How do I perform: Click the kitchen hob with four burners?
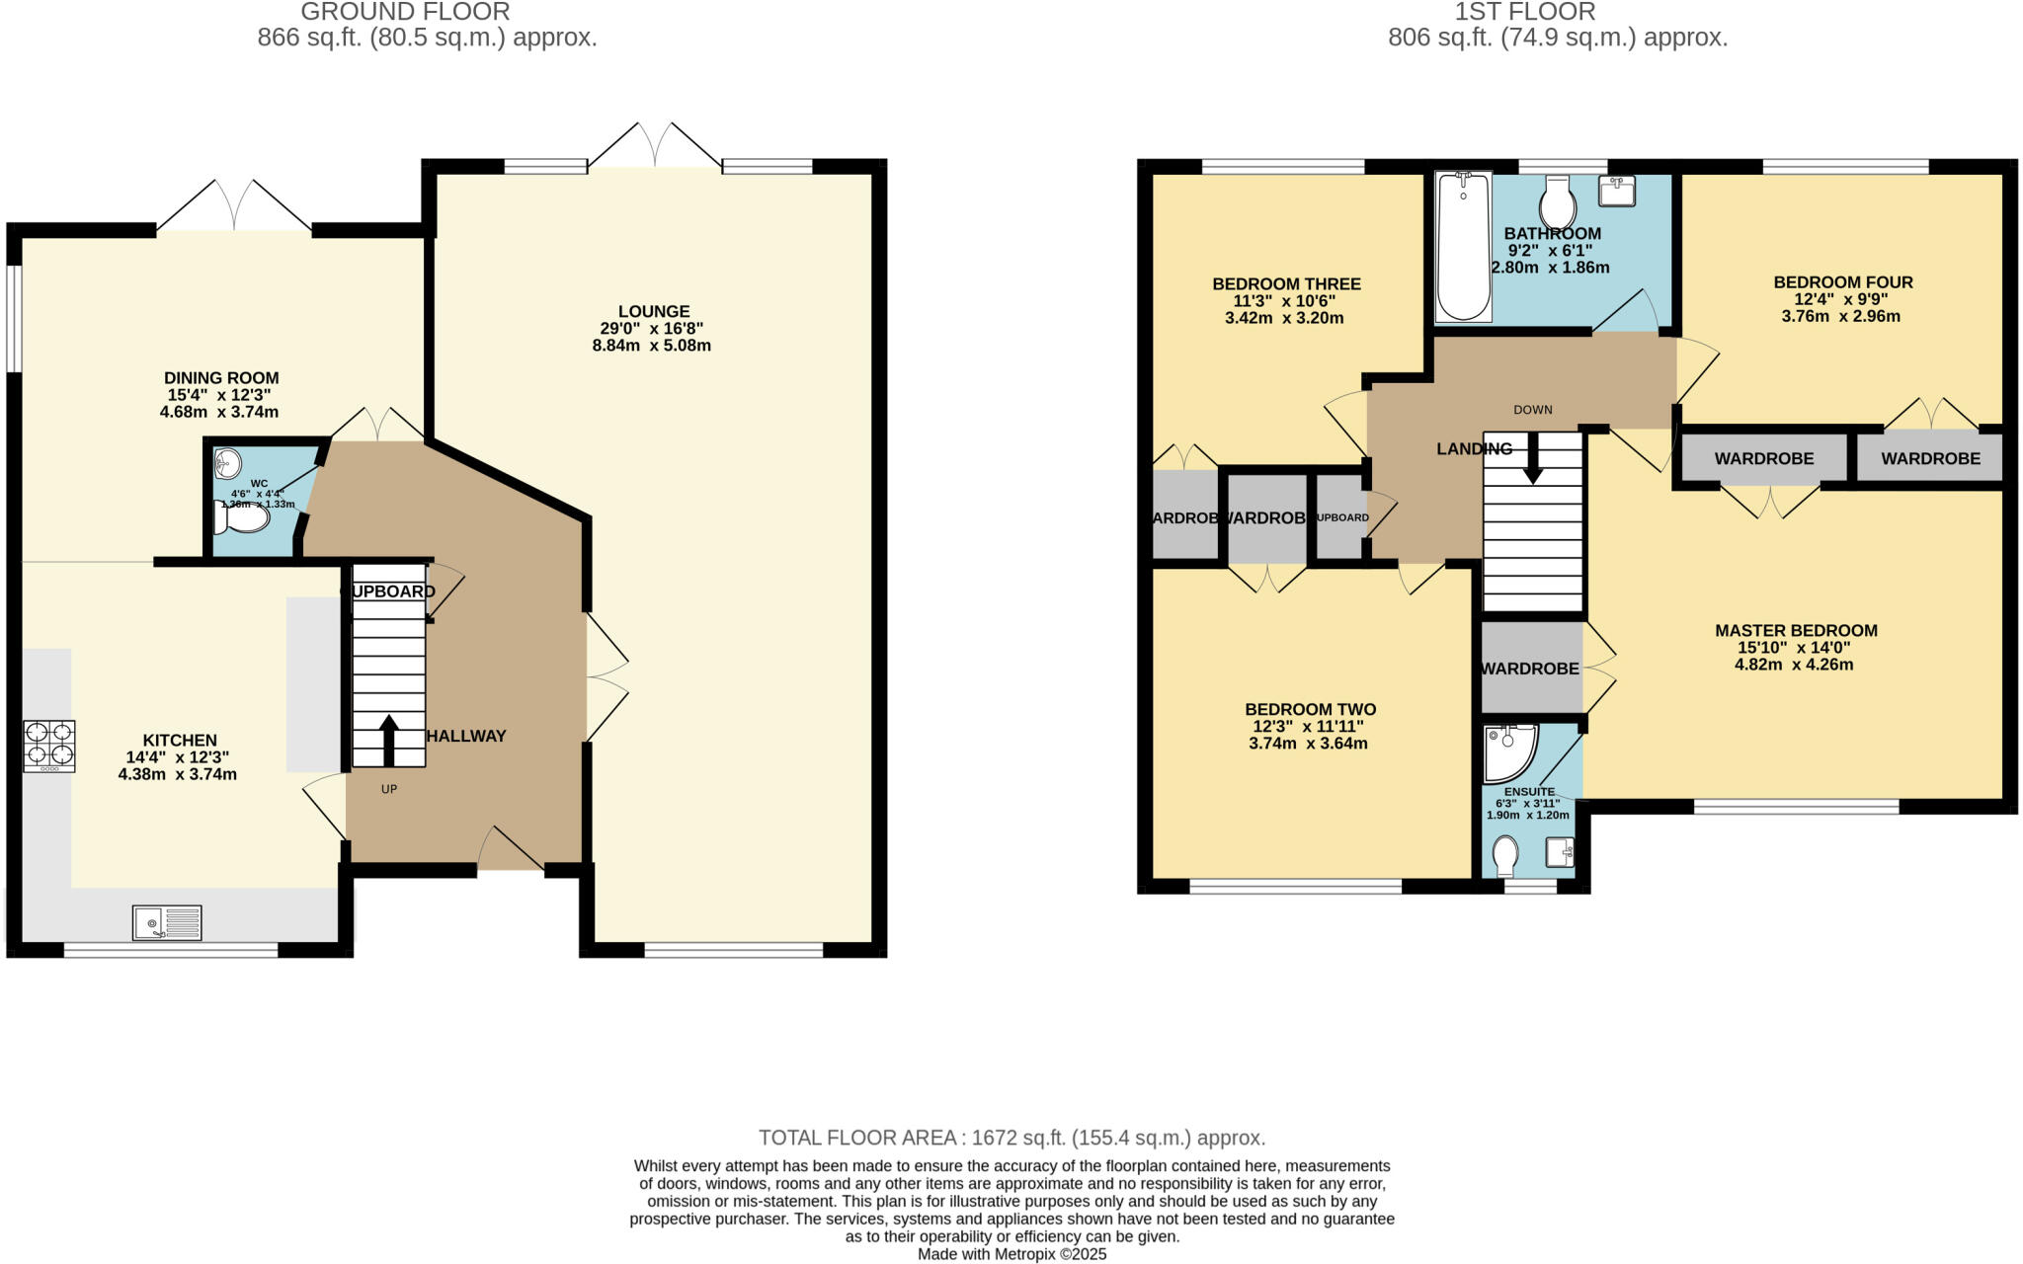pos(49,746)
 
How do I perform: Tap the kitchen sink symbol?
pos(167,923)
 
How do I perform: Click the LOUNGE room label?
pos(653,311)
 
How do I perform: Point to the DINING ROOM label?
pos(221,377)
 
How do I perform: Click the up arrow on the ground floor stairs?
pos(388,739)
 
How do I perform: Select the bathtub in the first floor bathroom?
pos(1462,247)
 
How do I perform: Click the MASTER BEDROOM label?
pos(1795,630)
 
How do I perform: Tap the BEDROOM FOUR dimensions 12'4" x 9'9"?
pos(1842,299)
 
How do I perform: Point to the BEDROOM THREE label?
pos(1285,284)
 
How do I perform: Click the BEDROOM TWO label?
pos(1309,709)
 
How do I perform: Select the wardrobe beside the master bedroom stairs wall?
pos(1529,669)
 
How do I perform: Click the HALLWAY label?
pos(466,736)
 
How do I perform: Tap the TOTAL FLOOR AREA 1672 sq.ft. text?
pos(1011,1137)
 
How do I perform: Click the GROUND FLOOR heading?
pos(405,12)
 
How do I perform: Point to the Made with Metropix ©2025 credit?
pos(1011,1254)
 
